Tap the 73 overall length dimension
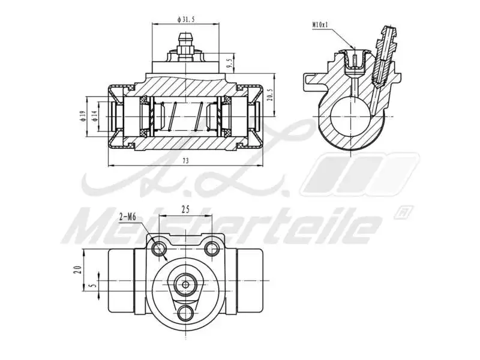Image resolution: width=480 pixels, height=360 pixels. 185,161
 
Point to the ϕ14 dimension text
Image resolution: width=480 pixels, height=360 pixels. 95,115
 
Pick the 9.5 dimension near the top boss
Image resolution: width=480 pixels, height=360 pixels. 229,62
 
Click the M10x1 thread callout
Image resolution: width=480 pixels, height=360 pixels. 322,25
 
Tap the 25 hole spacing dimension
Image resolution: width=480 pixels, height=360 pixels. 185,209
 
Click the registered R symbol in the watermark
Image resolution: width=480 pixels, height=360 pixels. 401,212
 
